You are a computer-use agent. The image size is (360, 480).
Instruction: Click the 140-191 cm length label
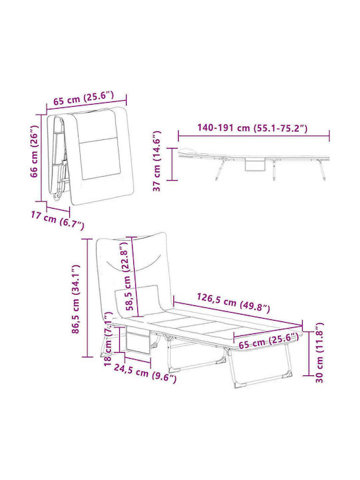252,127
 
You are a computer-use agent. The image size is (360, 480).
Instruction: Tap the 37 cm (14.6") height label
157,161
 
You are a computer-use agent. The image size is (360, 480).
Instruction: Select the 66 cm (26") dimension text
35,151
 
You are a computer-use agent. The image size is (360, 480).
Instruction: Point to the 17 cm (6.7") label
57,221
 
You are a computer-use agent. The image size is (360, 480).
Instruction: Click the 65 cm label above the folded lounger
83,98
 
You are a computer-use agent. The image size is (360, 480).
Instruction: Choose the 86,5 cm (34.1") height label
76,299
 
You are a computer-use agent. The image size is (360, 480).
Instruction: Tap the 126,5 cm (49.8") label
233,303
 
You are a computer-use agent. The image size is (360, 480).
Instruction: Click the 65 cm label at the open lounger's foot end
269,341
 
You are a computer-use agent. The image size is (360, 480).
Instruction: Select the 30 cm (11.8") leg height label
319,352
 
